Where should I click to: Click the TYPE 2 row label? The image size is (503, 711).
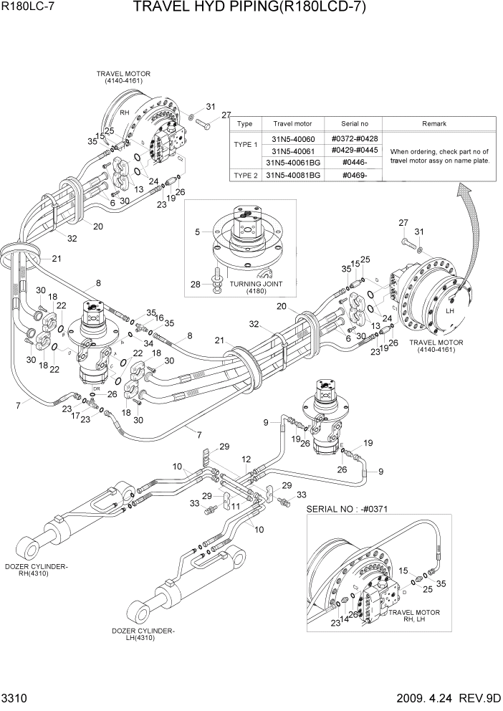coord(245,176)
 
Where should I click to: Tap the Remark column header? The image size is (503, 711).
coord(433,123)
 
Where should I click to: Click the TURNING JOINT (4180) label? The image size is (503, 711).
coord(246,287)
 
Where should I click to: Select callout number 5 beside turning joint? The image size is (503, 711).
coord(198,232)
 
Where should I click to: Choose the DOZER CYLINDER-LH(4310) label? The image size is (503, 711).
coord(143,634)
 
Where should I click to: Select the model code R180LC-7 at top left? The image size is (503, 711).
coord(24,8)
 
